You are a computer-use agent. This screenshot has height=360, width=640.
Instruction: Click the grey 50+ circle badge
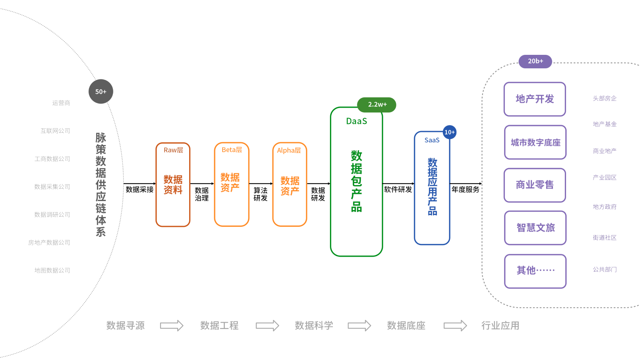[x=101, y=91]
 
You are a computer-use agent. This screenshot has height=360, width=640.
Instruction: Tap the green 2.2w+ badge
[x=377, y=105]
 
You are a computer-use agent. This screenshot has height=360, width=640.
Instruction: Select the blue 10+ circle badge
[x=450, y=132]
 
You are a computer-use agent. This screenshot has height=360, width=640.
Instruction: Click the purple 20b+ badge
[x=535, y=61]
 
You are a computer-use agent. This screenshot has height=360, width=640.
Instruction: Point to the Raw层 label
[x=173, y=150]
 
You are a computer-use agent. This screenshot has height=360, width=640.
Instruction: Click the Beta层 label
[x=232, y=150]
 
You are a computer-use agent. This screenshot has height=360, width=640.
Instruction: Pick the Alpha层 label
[x=289, y=150]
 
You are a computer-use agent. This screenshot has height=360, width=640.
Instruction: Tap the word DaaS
[x=357, y=121]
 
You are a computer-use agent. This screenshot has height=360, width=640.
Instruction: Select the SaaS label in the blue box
[x=432, y=140]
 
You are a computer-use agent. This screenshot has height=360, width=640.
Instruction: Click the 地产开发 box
[x=535, y=99]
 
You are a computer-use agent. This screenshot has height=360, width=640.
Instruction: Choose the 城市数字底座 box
[x=535, y=142]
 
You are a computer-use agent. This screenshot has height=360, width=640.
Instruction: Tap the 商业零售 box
[x=535, y=185]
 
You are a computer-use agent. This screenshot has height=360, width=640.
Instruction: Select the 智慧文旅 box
[x=535, y=228]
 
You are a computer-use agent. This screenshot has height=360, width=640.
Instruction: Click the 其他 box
[x=535, y=271]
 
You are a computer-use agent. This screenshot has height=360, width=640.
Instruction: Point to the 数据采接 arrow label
[x=140, y=190]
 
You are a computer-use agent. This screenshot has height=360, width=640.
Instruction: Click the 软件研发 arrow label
[x=398, y=190]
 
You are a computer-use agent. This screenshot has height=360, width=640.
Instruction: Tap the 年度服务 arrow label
[x=465, y=190]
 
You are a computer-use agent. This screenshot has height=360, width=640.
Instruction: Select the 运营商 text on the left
[x=61, y=103]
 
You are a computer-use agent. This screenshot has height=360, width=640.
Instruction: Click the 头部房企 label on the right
[x=605, y=99]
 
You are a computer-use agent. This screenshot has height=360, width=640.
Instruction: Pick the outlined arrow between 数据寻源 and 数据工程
[x=171, y=326]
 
